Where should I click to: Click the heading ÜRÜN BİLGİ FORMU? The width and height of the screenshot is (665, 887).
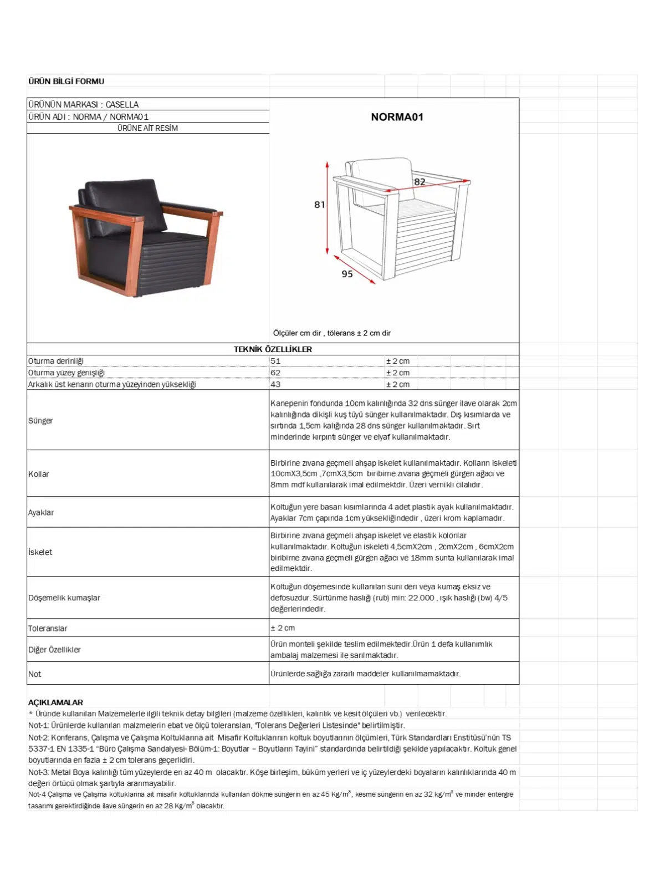click(66, 81)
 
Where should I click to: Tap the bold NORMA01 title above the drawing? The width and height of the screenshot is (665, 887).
click(397, 117)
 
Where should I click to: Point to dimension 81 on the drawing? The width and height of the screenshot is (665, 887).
click(320, 205)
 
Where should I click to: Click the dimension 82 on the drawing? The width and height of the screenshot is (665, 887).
click(420, 182)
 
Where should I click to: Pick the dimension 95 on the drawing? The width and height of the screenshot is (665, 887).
click(347, 274)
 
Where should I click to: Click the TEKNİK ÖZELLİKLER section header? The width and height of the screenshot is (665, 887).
click(273, 349)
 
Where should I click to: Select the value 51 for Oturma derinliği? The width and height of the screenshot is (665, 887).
click(275, 361)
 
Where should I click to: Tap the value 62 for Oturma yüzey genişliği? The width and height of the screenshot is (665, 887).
click(275, 373)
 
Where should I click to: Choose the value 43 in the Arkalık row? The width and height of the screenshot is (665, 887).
click(275, 384)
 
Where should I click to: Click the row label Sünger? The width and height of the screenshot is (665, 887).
click(40, 420)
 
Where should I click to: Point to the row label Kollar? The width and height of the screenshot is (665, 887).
click(39, 474)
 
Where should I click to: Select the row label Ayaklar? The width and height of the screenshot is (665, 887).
click(41, 512)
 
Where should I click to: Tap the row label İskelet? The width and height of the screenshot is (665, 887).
click(40, 552)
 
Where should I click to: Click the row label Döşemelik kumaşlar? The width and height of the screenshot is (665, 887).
click(64, 598)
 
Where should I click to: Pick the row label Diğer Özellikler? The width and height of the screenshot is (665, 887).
click(54, 650)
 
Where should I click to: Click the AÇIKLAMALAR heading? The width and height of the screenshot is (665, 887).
click(55, 702)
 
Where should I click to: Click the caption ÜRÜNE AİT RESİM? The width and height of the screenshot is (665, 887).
click(147, 128)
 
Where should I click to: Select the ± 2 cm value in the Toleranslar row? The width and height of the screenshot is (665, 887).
click(283, 628)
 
